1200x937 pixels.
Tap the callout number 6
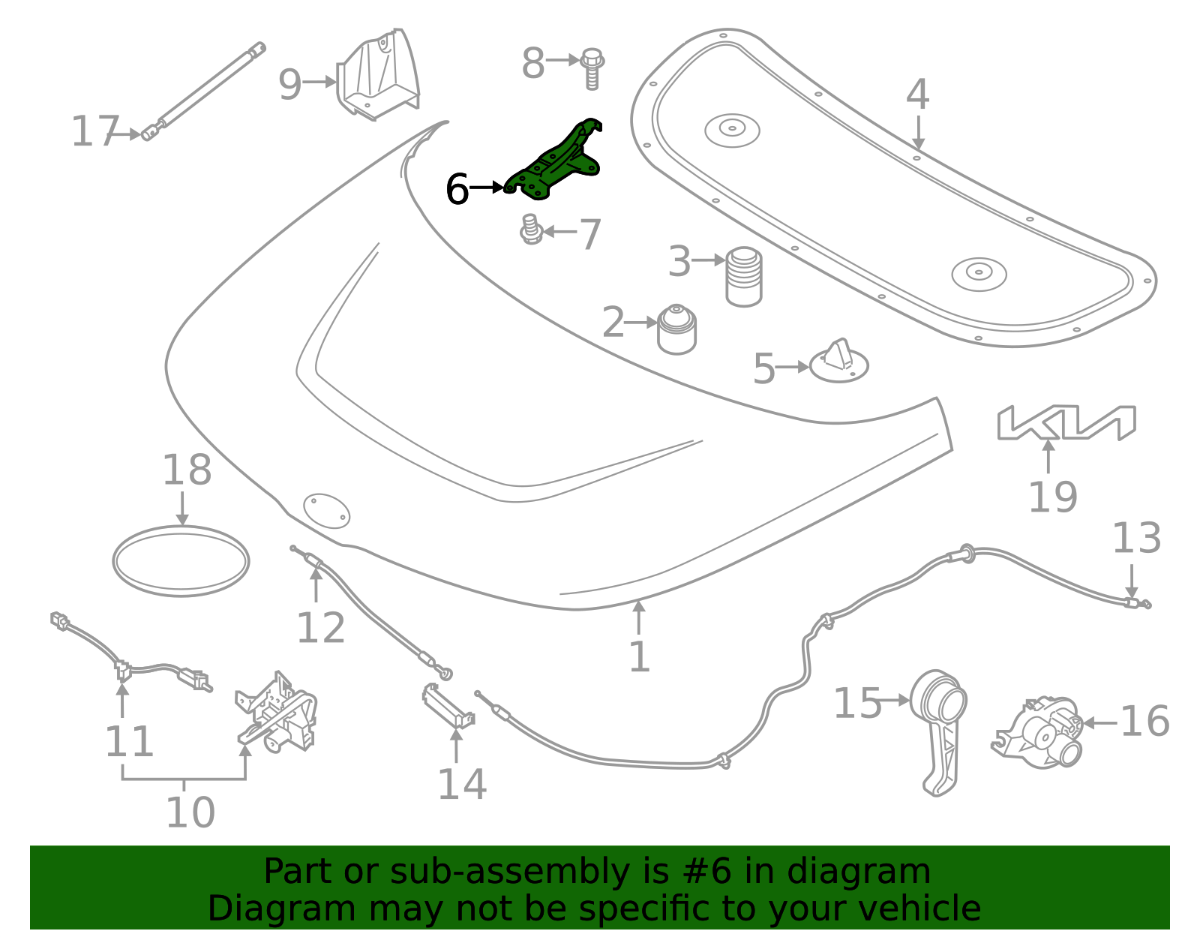(x=457, y=189)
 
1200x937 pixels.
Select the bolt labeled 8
(x=592, y=68)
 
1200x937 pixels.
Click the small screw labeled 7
(x=531, y=230)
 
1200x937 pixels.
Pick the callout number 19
(x=1052, y=497)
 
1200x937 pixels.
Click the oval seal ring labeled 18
(x=181, y=561)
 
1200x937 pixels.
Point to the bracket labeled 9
(x=379, y=75)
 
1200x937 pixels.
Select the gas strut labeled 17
(x=202, y=90)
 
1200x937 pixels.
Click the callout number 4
(x=917, y=95)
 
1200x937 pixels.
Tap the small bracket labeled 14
(x=448, y=706)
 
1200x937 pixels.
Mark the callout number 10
(x=190, y=812)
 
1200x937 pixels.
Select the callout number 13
(x=1135, y=539)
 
